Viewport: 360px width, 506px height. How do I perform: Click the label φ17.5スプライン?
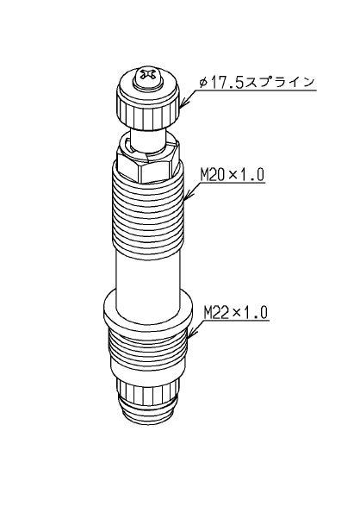point(257,82)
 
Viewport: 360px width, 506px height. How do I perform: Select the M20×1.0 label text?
point(232,175)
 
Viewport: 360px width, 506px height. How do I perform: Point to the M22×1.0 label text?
point(236,312)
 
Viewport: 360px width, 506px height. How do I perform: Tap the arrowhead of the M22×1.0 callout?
point(190,334)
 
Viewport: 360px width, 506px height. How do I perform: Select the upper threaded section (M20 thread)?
point(148,211)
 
